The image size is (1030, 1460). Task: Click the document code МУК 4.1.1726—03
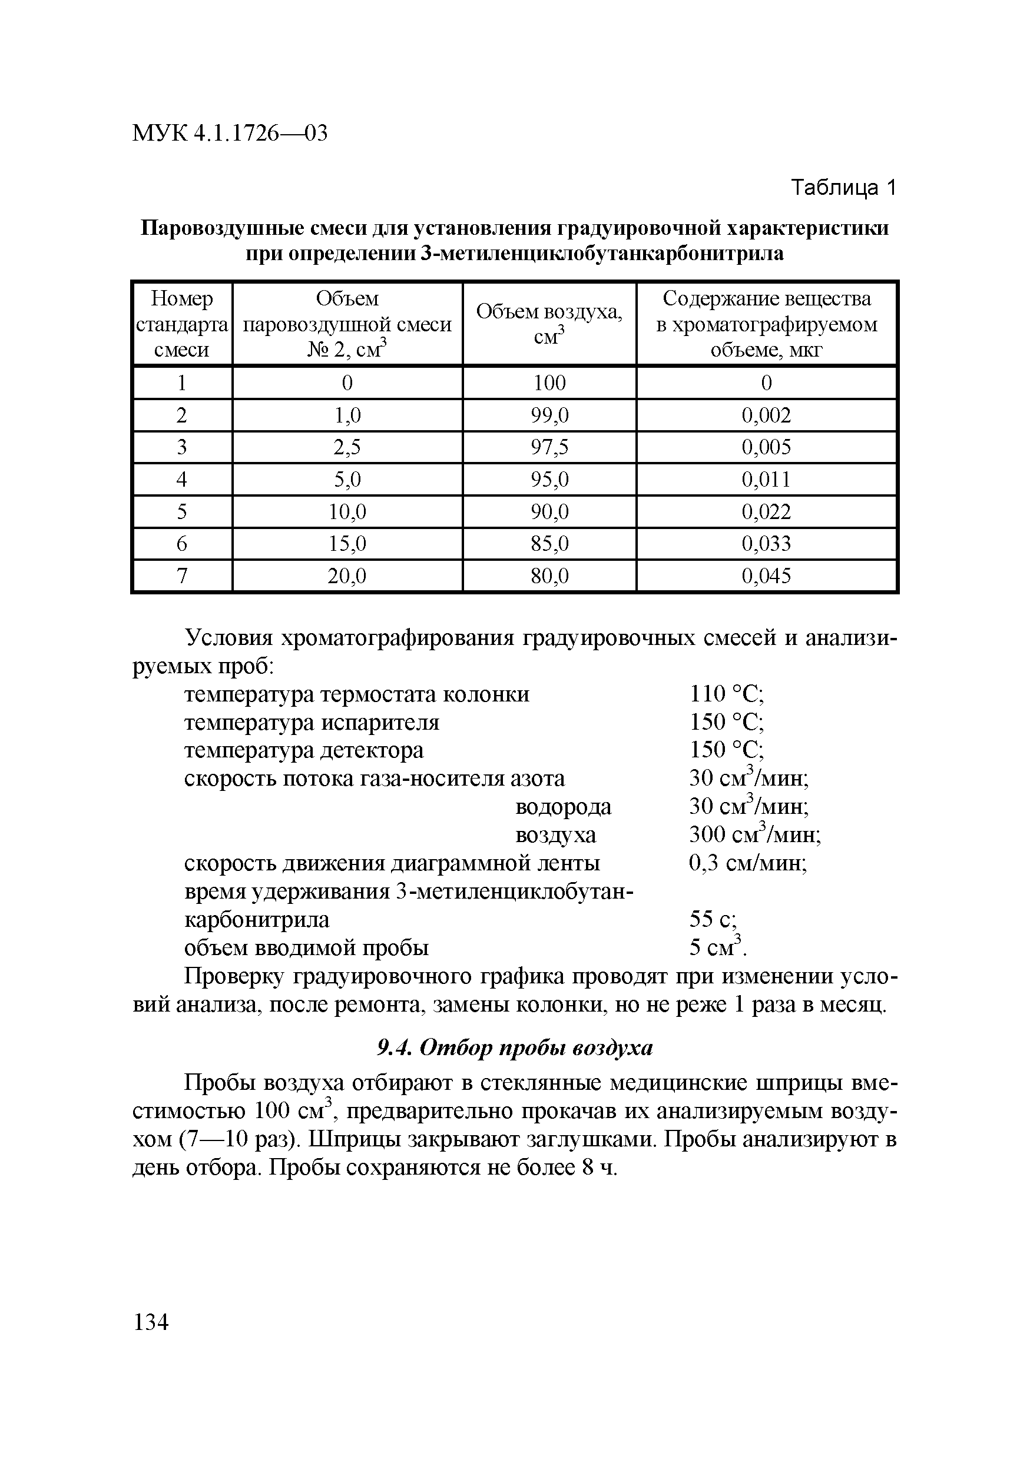click(230, 133)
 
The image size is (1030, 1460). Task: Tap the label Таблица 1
click(843, 188)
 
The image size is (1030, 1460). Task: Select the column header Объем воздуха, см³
click(549, 324)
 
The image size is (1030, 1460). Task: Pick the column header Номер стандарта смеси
click(182, 324)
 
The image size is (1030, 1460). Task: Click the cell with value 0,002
click(766, 415)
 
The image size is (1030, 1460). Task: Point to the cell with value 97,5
click(549, 447)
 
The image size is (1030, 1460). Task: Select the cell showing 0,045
click(766, 576)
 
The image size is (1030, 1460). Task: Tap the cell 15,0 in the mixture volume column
click(347, 543)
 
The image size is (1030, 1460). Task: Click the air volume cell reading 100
click(549, 382)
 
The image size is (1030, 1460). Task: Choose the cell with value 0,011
click(766, 479)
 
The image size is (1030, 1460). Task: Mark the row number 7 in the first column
click(182, 576)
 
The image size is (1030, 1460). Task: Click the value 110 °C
click(727, 694)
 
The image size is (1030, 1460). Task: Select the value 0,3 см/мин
click(748, 863)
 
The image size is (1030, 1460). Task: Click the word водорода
click(562, 806)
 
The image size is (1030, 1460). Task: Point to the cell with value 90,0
click(549, 511)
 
